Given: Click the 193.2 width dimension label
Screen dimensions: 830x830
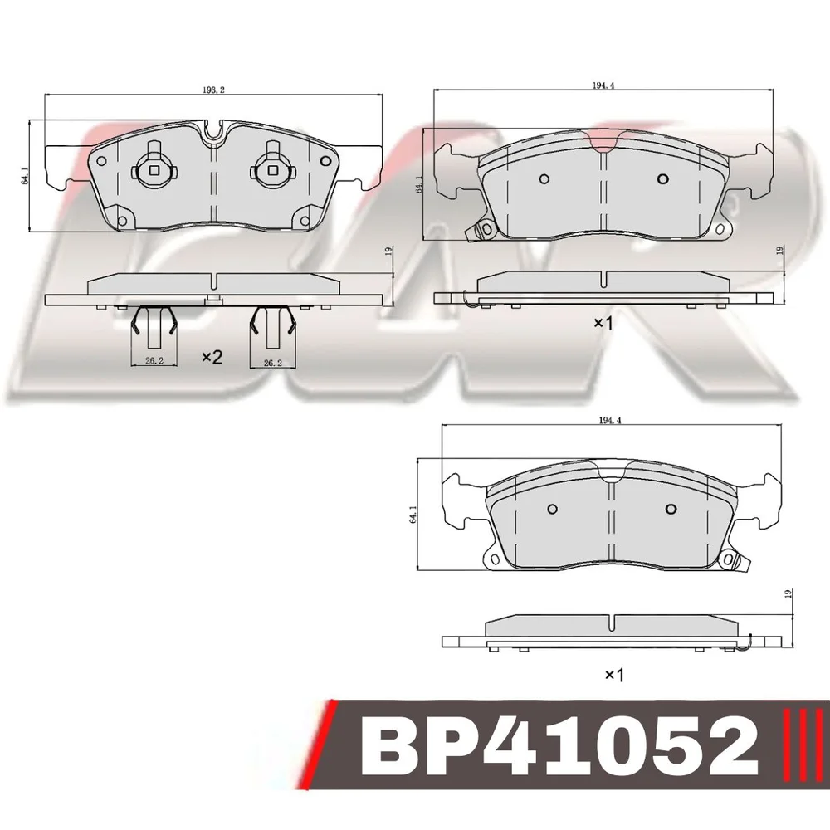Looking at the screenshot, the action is (x=212, y=90).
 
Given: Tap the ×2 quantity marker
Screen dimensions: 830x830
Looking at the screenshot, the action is (x=212, y=358).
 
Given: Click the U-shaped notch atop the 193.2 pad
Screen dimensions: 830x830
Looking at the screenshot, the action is (x=213, y=131).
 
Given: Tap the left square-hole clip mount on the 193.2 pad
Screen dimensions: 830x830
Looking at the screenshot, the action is (x=154, y=167).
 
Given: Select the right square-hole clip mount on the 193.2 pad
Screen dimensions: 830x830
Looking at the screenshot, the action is (x=272, y=167).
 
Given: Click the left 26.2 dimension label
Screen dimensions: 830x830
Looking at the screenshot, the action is (x=154, y=362).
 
